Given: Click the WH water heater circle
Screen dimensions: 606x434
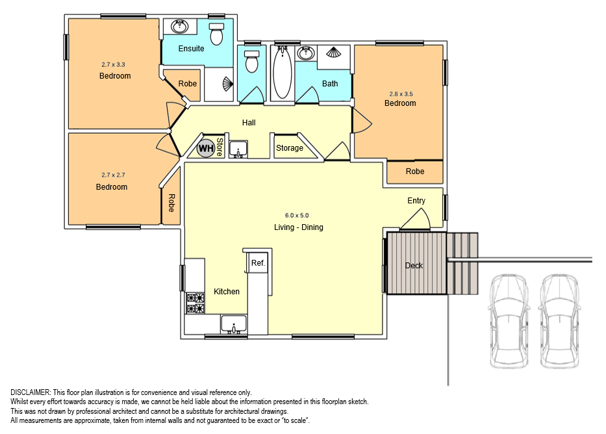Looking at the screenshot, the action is pyautogui.click(x=206, y=148).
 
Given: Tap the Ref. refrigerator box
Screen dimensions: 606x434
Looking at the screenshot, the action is pyautogui.click(x=258, y=262).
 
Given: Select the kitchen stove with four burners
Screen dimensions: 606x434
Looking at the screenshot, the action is pyautogui.click(x=196, y=303).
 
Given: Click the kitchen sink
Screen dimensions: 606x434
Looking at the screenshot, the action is pyautogui.click(x=234, y=324).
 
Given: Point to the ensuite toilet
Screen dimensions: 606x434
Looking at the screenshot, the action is pyautogui.click(x=216, y=34).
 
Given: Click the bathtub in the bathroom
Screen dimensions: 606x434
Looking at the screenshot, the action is pyautogui.click(x=283, y=73).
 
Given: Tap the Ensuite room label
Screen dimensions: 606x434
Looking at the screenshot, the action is pyautogui.click(x=192, y=49).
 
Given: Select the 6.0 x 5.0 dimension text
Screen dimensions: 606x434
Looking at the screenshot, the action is pyautogui.click(x=297, y=215).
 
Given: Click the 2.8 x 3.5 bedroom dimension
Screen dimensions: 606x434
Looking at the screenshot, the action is pyautogui.click(x=401, y=94).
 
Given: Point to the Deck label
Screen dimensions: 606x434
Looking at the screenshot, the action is pyautogui.click(x=414, y=266).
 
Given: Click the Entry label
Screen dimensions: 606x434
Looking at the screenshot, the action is pyautogui.click(x=416, y=201).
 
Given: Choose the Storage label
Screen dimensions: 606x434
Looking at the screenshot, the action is pyautogui.click(x=290, y=148).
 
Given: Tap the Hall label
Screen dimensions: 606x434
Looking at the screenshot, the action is pyautogui.click(x=249, y=123).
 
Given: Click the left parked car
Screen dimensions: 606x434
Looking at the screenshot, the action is pyautogui.click(x=509, y=321).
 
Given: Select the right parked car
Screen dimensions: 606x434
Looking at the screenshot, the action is pyautogui.click(x=559, y=321).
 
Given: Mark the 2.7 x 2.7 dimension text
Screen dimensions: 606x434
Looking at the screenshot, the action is pyautogui.click(x=113, y=175).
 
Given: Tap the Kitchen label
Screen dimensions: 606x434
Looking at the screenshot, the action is pyautogui.click(x=227, y=292).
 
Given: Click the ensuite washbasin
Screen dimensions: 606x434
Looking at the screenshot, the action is pyautogui.click(x=180, y=27).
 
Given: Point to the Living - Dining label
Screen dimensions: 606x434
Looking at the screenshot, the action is pyautogui.click(x=299, y=227).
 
